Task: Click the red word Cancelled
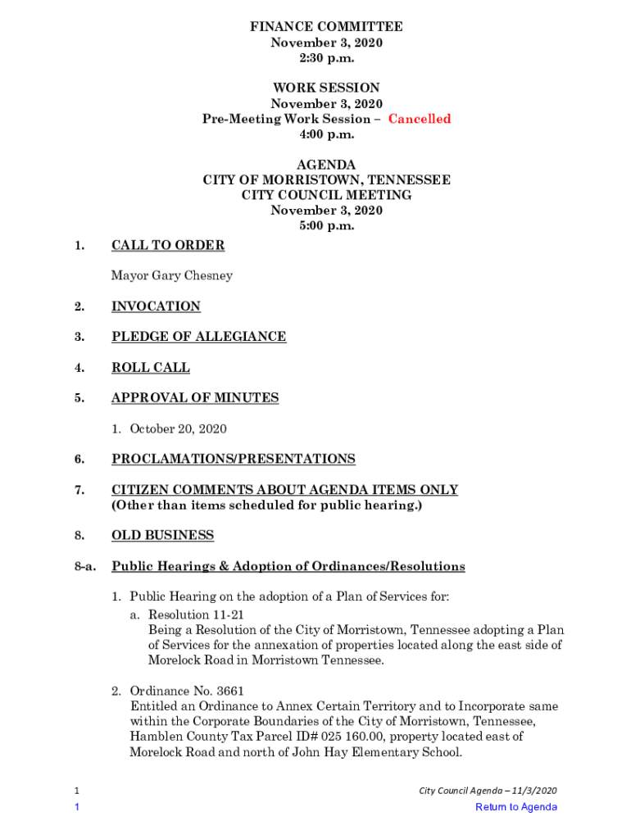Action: (419, 119)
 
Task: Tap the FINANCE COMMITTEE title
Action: (326, 27)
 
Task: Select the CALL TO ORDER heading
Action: (168, 245)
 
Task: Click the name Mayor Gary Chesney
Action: (172, 275)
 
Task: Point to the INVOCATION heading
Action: (156, 306)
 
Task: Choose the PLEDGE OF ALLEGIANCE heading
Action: (199, 337)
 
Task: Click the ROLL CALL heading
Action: (150, 368)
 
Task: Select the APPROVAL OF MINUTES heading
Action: (195, 398)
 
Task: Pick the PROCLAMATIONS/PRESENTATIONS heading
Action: (234, 459)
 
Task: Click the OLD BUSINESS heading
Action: (162, 536)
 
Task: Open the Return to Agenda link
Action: (516, 807)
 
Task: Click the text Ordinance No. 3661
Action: (187, 691)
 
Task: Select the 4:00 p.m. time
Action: (326, 134)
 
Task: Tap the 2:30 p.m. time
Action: (326, 57)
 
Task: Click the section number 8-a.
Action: (85, 567)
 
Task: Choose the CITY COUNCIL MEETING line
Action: (326, 195)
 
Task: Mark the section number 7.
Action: (79, 490)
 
